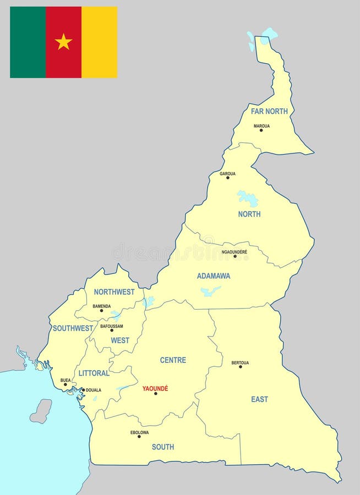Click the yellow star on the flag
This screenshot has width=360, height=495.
(63, 42)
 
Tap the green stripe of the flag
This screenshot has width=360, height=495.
(28, 42)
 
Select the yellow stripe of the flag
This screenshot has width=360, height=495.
(99, 42)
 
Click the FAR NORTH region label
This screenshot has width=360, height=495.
(269, 111)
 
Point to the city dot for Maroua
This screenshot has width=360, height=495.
(261, 130)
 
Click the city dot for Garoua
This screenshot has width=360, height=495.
(228, 178)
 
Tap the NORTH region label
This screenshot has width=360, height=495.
(249, 214)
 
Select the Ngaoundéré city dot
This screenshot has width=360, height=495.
(235, 256)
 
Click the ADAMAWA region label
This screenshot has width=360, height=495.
(214, 276)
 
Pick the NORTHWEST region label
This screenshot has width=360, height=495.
(114, 292)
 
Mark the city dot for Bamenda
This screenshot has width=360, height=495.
(101, 311)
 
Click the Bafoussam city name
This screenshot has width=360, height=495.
(111, 326)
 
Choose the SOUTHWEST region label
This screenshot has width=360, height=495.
(73, 328)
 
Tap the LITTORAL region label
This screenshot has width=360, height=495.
(94, 373)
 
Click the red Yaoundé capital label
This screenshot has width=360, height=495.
(155, 388)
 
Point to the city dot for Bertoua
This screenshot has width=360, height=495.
(241, 367)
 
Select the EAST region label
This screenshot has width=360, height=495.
(259, 399)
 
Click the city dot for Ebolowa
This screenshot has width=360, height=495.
(139, 437)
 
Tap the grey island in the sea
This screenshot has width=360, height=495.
(41, 411)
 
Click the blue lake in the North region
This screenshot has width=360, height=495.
(248, 197)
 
